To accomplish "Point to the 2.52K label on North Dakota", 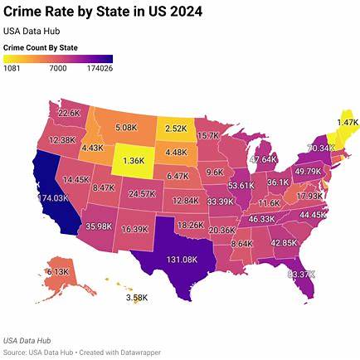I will click(x=176, y=129).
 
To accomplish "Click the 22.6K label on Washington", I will click(x=69, y=113).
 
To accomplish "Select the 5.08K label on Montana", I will click(x=126, y=128).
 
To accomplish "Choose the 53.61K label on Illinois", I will click(x=242, y=185).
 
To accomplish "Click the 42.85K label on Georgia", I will click(x=285, y=242).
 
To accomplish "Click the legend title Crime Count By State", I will click(x=41, y=47).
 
